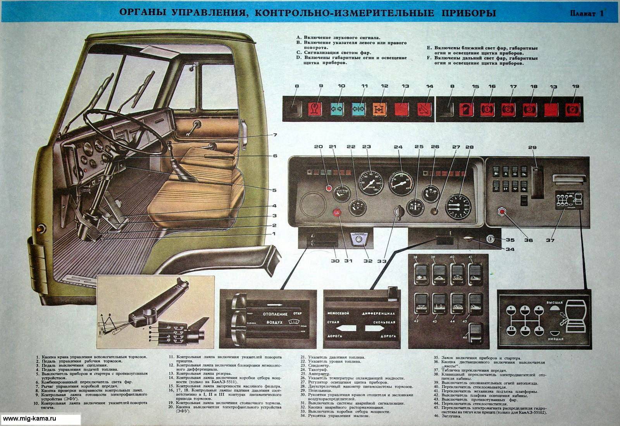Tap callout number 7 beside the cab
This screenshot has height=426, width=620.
[275, 135]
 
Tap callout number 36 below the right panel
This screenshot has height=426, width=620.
[528, 240]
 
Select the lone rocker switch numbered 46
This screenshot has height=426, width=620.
[475, 333]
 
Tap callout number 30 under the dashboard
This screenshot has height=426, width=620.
[336, 260]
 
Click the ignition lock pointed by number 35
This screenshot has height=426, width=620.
[490, 240]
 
